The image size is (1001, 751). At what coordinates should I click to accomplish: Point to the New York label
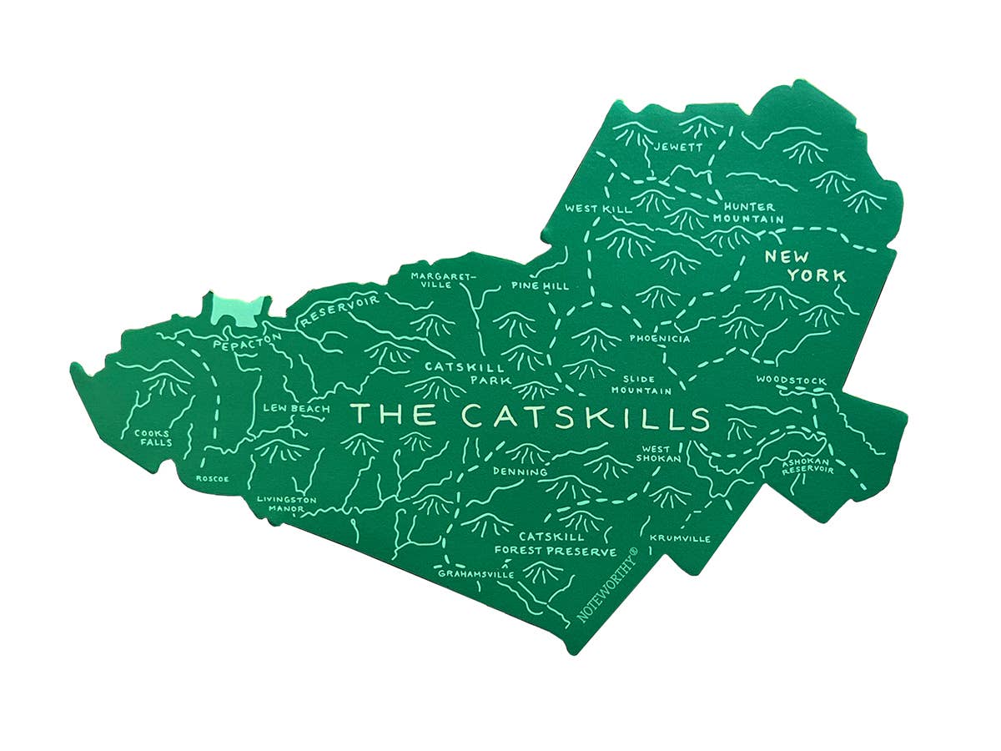click(806, 266)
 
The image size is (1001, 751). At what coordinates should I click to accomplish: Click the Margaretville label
click(442, 279)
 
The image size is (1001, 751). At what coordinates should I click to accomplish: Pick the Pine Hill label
click(540, 286)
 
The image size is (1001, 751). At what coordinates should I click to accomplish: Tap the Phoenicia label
click(660, 339)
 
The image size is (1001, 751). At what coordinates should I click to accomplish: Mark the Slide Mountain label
click(641, 385)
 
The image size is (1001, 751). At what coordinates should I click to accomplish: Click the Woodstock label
click(791, 381)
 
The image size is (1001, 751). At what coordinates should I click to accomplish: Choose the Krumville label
click(680, 538)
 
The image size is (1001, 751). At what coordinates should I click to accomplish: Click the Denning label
click(520, 472)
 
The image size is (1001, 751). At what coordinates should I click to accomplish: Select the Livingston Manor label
click(287, 504)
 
